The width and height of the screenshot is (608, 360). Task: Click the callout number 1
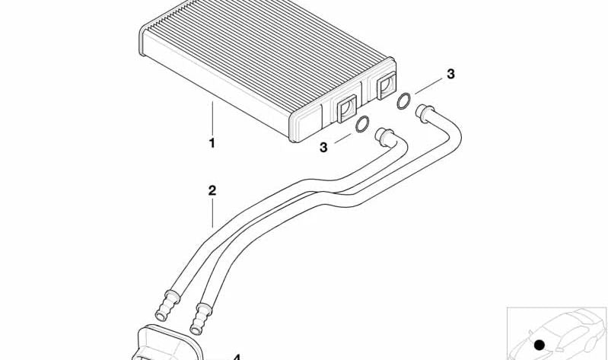[212, 143]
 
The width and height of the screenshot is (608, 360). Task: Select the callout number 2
[212, 190]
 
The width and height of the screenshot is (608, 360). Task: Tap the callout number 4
[237, 357]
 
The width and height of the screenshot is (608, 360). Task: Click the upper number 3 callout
[450, 74]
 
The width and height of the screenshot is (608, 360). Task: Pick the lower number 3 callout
[323, 148]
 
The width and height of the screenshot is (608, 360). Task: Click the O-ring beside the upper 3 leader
[403, 101]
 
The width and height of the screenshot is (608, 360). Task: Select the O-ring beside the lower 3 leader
[362, 124]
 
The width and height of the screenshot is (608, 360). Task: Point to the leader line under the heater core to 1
[212, 118]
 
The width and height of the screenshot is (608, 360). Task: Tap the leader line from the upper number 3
[428, 86]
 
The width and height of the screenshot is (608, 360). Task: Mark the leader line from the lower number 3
[342, 138]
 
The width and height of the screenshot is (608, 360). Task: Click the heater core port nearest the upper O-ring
[386, 86]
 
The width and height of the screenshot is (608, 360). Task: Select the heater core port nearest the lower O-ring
[346, 109]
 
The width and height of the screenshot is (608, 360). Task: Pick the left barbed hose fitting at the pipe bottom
[167, 305]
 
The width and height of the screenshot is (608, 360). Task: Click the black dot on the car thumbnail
[539, 345]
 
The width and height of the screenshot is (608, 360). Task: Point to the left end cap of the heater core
[142, 41]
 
